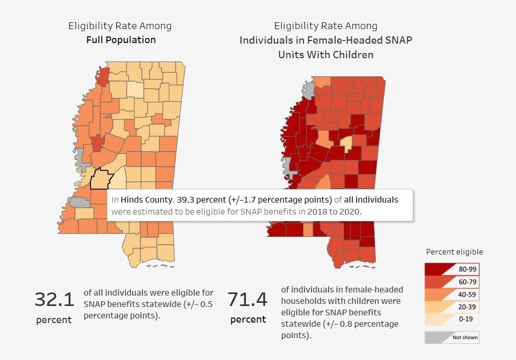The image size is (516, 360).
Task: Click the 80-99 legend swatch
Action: point(451,269)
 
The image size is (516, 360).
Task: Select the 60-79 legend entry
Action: point(451,282)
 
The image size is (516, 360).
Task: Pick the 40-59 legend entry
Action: point(451,295)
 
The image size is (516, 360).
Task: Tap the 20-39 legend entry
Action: point(451,307)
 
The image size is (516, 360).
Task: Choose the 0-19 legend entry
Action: point(451,319)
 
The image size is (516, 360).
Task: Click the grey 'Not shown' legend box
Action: point(452,337)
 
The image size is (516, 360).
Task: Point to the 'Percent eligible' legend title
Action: point(454,252)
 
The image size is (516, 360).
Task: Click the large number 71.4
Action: point(247,300)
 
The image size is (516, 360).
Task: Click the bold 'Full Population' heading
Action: point(121,39)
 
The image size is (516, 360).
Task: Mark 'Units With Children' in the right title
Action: point(325,55)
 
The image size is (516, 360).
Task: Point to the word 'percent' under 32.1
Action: point(54,320)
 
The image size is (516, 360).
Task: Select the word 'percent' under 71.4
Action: point(248,319)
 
